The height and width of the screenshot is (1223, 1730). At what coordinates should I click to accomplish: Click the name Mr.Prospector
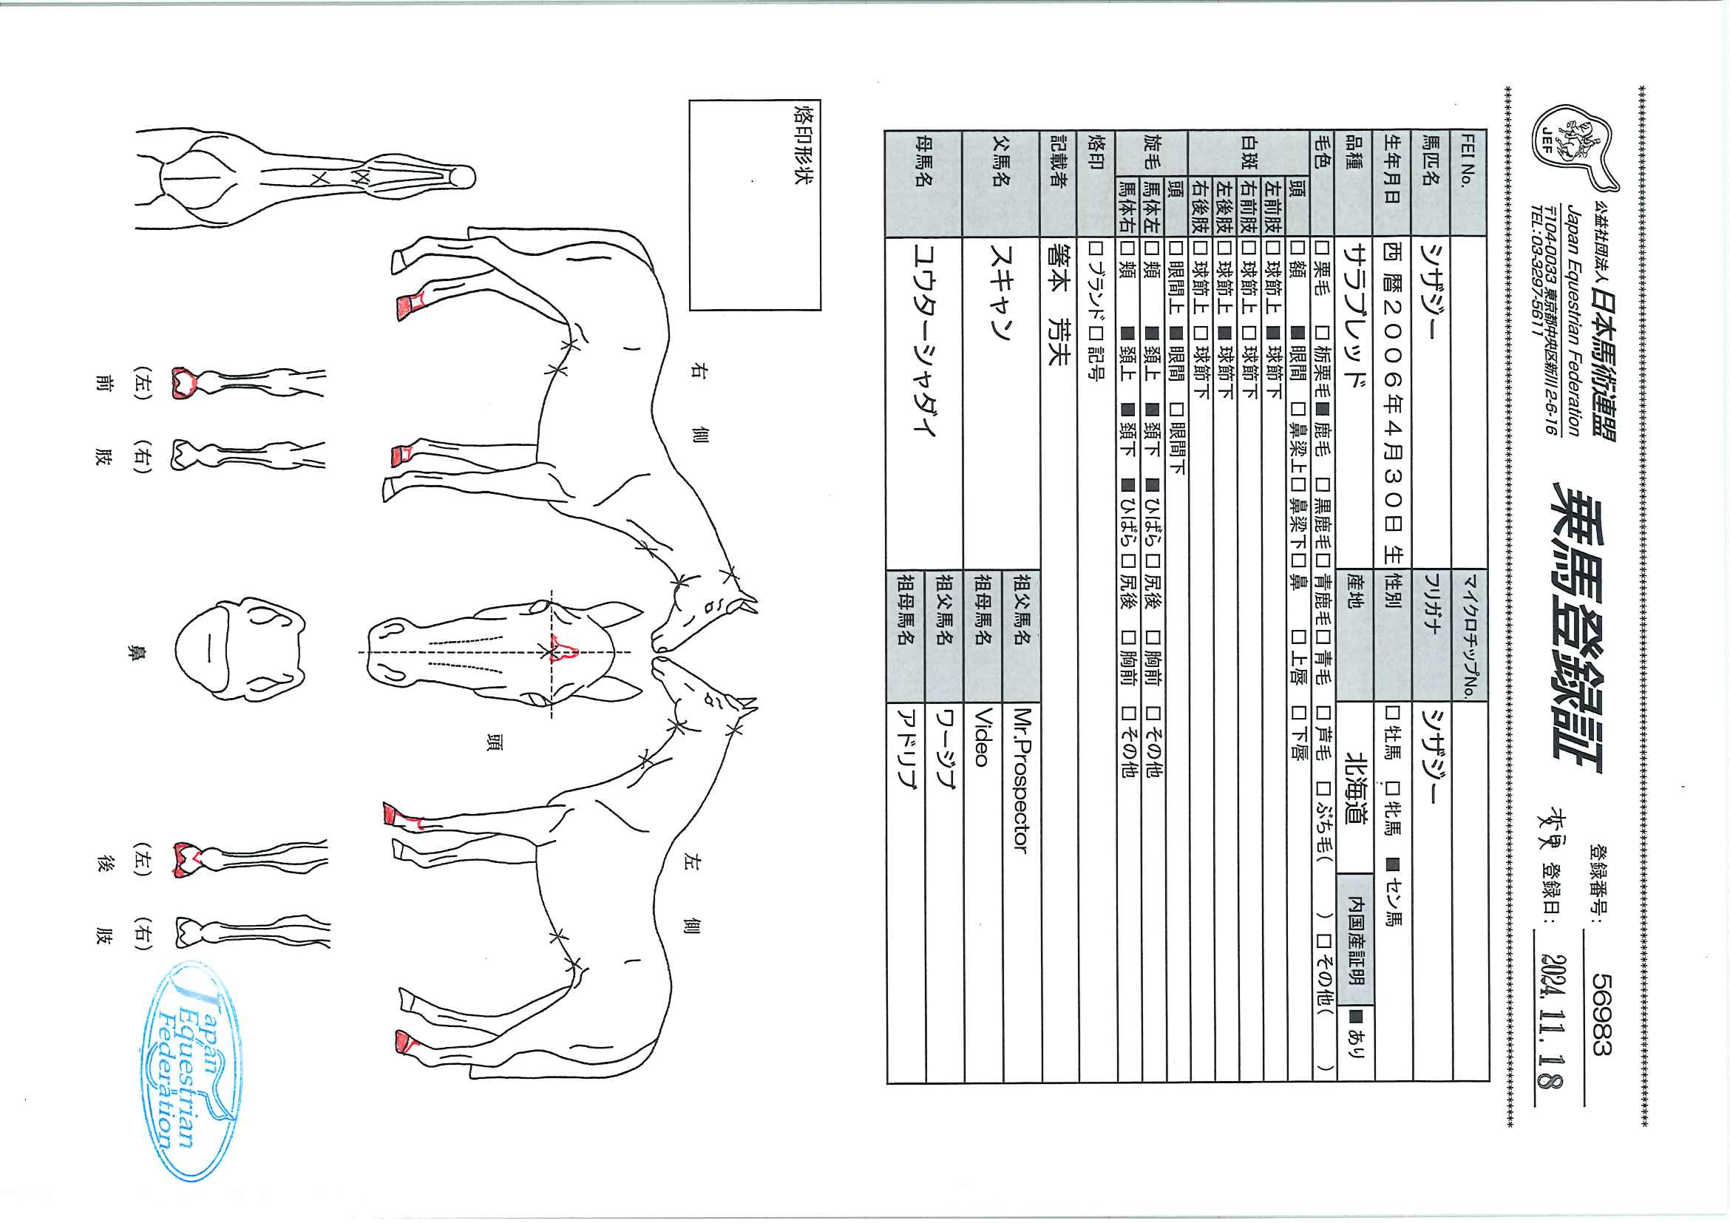coord(1022,781)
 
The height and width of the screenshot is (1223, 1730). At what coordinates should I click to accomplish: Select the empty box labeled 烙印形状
coord(755,205)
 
